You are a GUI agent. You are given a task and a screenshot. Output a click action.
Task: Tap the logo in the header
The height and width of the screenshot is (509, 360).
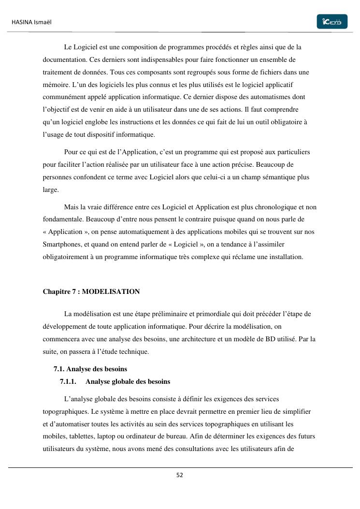pos(332,22)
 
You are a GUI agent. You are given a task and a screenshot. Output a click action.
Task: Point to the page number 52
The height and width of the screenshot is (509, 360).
pos(180,475)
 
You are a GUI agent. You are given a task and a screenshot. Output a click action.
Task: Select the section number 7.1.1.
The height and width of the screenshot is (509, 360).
pos(68,381)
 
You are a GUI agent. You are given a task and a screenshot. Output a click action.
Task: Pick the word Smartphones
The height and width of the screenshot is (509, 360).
pos(61,244)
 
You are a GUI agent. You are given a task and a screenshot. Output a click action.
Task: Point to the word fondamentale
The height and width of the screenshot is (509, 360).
pos(63,219)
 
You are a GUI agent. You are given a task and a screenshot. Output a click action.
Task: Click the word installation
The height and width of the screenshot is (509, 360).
pos(284,257)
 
